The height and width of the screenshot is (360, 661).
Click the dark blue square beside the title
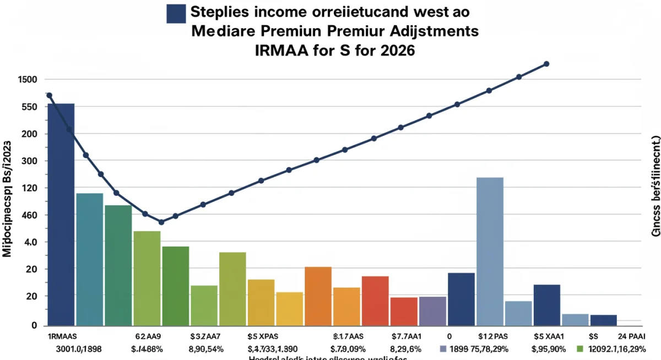(x=176, y=14)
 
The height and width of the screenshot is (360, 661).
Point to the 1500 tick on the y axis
(x=12, y=80)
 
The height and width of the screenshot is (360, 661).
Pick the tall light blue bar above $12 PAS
(x=490, y=250)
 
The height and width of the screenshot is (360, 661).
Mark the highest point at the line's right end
(x=546, y=64)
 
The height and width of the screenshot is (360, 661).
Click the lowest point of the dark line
(x=161, y=222)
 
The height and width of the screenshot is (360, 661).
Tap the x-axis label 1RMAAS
(x=62, y=335)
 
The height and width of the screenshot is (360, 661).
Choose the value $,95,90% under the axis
(x=548, y=348)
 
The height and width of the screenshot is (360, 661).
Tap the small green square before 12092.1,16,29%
(x=579, y=348)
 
